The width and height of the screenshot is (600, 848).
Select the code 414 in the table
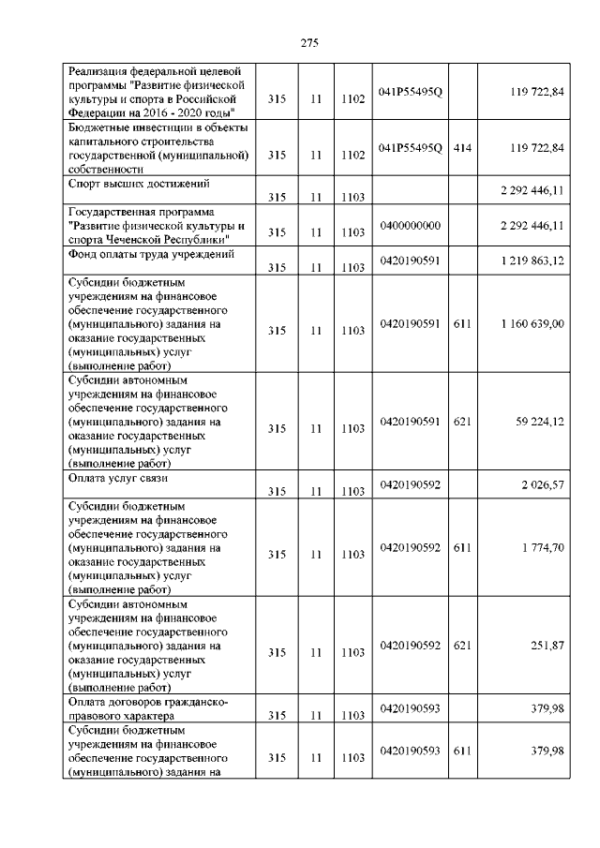[x=461, y=148]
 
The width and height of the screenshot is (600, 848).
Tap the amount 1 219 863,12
[x=531, y=260]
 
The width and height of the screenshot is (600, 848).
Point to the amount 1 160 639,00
[x=531, y=323]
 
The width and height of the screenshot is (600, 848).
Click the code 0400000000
[x=411, y=226]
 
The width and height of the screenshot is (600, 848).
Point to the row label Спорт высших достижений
[x=139, y=184]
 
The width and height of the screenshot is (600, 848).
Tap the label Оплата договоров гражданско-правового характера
[x=148, y=708]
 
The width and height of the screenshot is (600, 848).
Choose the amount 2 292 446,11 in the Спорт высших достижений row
[x=531, y=190]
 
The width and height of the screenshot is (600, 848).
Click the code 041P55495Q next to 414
[x=411, y=148]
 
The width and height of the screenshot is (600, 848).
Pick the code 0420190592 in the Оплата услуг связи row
[x=411, y=484]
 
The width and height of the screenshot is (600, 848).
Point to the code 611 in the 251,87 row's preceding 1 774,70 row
[x=461, y=547]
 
